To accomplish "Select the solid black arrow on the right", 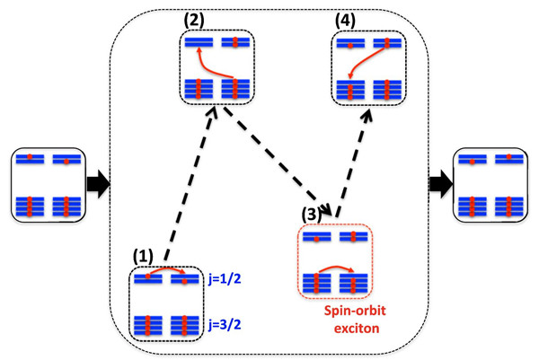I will [441, 184].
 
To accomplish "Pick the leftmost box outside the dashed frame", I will [46, 184].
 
